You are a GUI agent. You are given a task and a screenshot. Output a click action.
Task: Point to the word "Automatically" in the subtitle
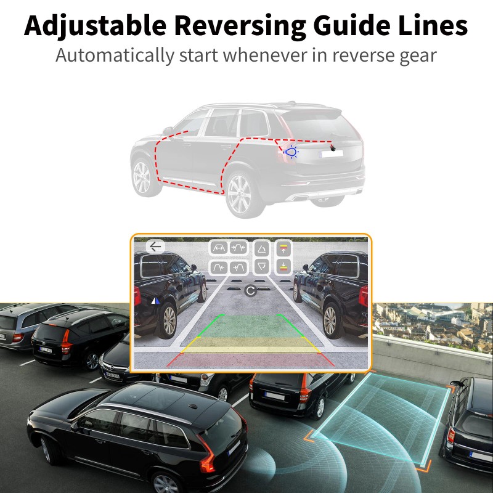(x=115, y=55)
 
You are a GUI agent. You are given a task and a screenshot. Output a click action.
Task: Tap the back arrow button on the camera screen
(x=155, y=246)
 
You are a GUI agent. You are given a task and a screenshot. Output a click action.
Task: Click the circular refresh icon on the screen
(x=250, y=290)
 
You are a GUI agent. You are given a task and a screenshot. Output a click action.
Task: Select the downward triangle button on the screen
(x=262, y=266)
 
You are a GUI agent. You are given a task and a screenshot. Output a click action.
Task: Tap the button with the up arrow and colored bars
(x=283, y=248)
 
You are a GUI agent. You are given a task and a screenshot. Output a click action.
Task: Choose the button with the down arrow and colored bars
(x=283, y=266)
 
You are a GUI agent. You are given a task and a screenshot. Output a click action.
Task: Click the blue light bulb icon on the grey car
(x=291, y=151)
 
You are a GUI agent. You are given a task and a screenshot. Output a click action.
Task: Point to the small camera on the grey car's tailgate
(x=333, y=148)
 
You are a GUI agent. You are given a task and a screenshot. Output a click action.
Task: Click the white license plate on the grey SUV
(x=332, y=154)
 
